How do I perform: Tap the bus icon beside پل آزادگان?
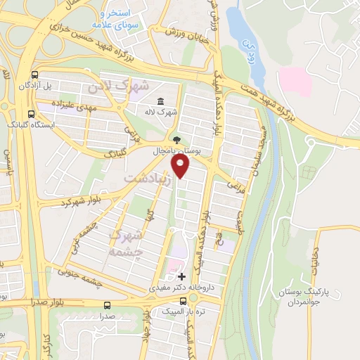coord(35,75)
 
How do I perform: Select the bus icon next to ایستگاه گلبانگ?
coord(30,113)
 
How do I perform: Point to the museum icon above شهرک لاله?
coord(162,101)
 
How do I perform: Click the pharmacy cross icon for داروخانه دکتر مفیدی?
coord(182,277)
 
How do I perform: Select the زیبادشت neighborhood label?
coord(147,179)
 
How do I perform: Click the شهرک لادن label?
coord(120,88)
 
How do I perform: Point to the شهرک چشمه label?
coord(127,242)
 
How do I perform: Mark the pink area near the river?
coord(295,81)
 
